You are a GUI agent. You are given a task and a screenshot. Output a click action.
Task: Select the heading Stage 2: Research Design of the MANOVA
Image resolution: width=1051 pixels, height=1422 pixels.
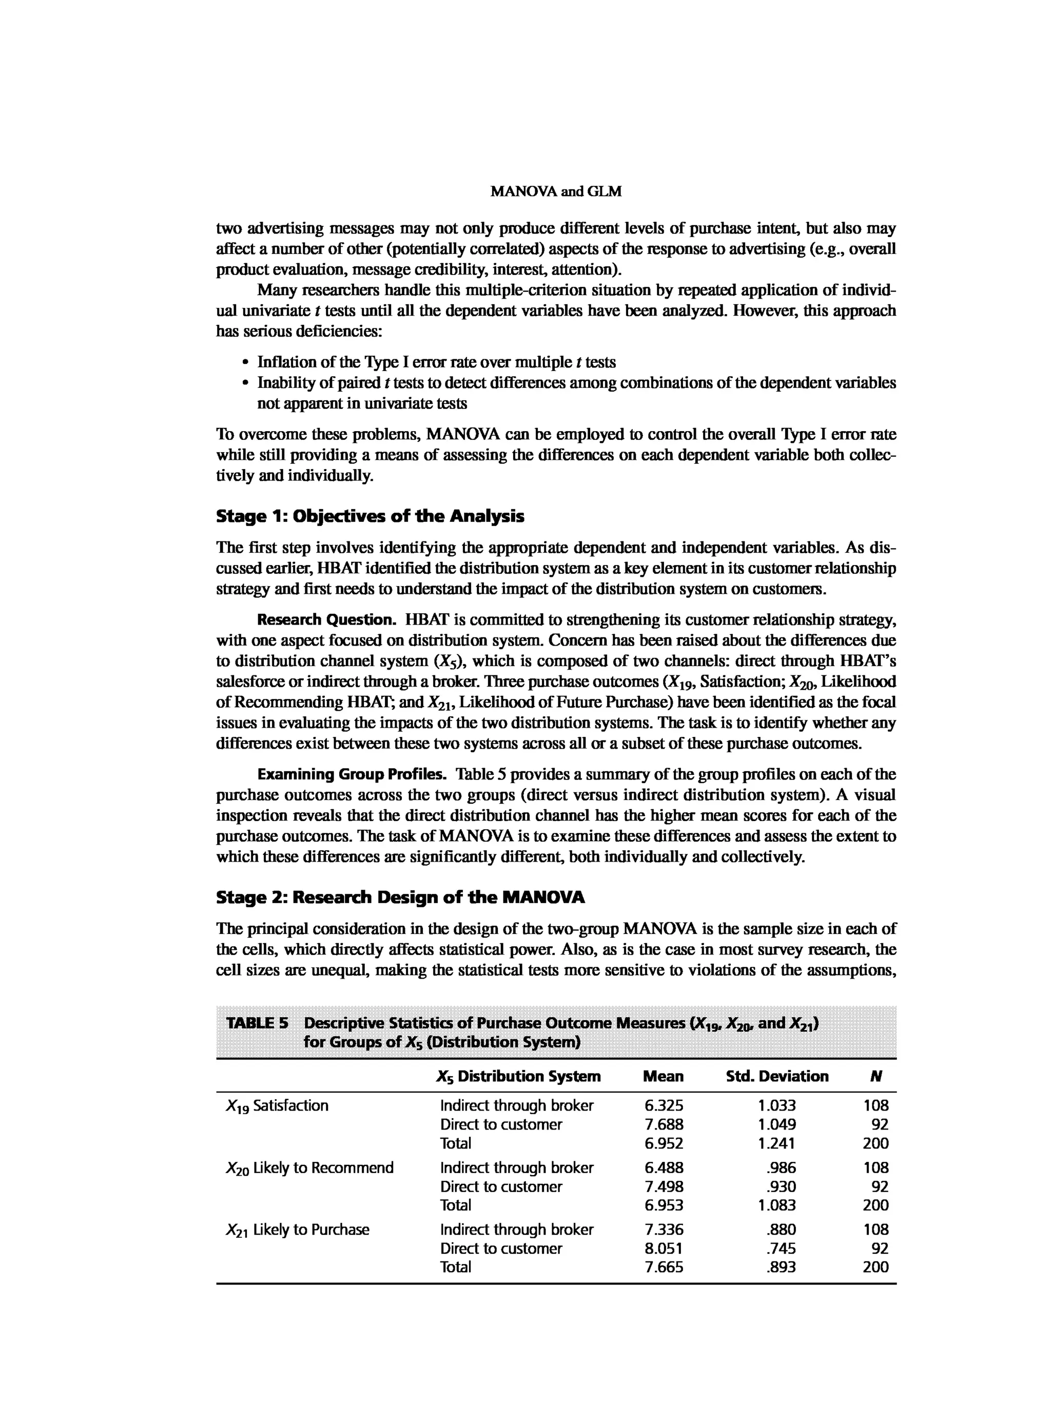(400, 898)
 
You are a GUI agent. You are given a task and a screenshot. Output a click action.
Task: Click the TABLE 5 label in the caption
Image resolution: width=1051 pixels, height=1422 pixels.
(257, 1024)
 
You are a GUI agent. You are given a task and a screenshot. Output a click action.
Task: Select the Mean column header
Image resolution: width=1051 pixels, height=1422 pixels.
(663, 1077)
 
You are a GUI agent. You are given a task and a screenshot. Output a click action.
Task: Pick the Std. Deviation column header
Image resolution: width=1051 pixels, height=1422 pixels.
(777, 1077)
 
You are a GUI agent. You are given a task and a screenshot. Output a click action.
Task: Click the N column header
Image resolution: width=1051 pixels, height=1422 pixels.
(876, 1077)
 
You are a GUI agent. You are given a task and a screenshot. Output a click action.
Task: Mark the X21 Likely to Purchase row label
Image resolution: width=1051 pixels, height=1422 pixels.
(297, 1229)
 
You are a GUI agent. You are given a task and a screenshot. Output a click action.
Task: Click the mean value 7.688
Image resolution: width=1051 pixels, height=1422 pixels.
(664, 1124)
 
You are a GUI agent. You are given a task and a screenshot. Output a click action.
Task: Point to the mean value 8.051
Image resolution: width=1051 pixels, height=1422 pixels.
(664, 1249)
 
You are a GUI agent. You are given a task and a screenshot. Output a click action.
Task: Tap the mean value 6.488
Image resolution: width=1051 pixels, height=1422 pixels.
(664, 1167)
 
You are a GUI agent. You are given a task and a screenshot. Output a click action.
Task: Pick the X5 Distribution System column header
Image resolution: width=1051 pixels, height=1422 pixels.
(518, 1077)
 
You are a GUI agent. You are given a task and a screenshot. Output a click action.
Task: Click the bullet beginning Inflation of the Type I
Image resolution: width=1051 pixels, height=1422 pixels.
(436, 362)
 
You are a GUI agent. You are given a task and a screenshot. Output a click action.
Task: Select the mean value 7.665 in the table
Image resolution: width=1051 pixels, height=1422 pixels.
(664, 1267)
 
